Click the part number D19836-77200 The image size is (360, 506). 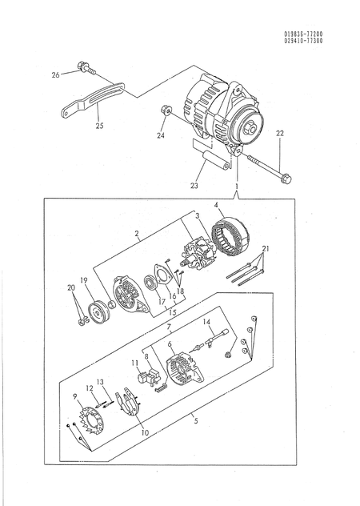click(303, 34)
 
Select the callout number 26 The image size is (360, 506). click(55, 75)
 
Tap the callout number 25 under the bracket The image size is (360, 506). click(100, 125)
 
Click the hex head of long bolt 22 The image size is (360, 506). click(286, 178)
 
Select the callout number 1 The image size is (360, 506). click(237, 187)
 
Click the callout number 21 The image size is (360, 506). click(266, 248)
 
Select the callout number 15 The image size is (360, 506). click(173, 312)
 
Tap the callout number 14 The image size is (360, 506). click(206, 321)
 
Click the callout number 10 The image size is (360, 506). click(145, 432)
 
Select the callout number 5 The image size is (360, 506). click(196, 420)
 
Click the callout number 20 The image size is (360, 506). click(71, 287)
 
